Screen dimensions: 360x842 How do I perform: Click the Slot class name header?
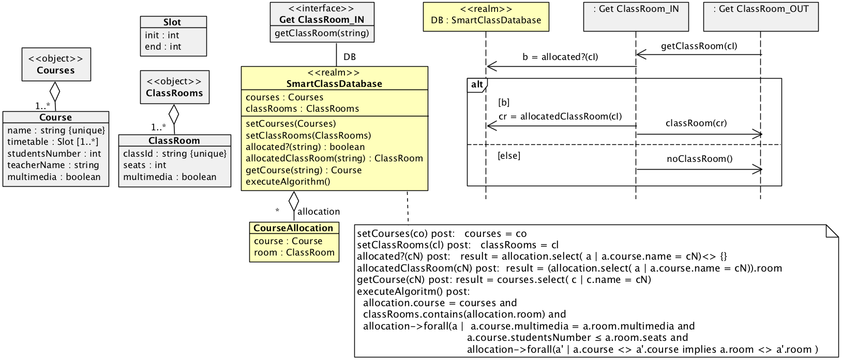coord(173,22)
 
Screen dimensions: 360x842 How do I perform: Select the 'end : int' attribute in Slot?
coord(163,47)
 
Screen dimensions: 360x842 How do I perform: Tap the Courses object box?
coord(56,65)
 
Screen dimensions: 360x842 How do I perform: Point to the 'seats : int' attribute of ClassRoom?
coord(144,165)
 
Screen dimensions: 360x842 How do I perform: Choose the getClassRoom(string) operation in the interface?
coord(322,33)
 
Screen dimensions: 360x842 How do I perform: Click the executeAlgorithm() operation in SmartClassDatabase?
coord(288,182)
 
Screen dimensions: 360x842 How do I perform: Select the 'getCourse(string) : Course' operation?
coord(304,170)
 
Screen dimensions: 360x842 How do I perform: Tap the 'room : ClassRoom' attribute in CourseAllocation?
coord(294,252)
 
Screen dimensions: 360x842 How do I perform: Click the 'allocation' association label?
coord(319,212)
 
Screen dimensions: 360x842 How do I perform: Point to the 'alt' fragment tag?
coord(477,85)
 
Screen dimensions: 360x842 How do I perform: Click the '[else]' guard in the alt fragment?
coord(508,156)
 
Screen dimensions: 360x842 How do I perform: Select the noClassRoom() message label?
coord(699,159)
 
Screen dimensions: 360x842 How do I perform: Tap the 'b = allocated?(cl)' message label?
coord(560,57)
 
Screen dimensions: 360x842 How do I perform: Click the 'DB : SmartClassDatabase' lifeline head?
coord(486,16)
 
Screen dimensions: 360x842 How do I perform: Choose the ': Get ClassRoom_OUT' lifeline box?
coord(761,16)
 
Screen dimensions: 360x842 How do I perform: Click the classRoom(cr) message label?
coord(696,123)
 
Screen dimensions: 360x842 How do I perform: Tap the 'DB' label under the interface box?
coord(350,57)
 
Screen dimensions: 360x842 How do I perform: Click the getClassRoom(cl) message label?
coord(699,46)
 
